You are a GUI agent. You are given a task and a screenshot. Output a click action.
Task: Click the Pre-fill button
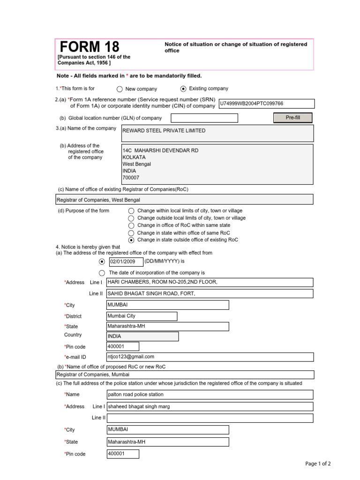[x=292, y=118]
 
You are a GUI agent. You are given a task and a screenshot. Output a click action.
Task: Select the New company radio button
[x=120, y=89]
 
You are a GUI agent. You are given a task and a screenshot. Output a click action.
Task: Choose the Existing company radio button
[x=183, y=89]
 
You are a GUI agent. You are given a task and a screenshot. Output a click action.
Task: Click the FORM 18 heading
[x=90, y=47]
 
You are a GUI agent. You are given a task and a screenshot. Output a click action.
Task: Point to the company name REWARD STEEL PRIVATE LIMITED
[x=164, y=131]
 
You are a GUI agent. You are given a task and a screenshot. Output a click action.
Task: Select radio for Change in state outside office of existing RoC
[x=131, y=240]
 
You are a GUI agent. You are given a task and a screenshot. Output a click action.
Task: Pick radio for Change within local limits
[x=131, y=211]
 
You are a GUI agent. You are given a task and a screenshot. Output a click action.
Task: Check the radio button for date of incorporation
[x=102, y=273]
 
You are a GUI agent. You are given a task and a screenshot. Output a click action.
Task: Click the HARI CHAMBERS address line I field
[x=210, y=282]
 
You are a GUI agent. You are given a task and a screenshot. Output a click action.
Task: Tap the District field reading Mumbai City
[x=142, y=316]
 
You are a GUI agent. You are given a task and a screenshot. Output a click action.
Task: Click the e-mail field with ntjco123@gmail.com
[x=210, y=357]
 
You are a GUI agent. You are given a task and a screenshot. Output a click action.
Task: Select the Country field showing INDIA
[x=142, y=337]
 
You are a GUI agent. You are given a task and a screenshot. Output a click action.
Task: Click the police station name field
[x=210, y=395]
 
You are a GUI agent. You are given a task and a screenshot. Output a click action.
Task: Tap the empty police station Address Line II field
[x=210, y=418]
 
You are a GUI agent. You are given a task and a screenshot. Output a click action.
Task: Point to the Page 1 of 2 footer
[x=318, y=464]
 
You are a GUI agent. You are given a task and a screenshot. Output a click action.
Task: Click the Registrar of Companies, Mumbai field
[x=184, y=375]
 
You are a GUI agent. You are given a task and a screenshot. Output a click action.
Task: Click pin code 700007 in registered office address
[x=131, y=178]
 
